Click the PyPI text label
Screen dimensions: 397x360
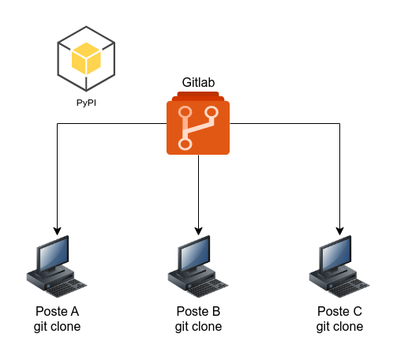point(86,103)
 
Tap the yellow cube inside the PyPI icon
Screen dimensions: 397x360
point(86,58)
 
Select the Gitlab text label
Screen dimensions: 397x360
point(198,82)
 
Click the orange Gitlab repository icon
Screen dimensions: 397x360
point(198,123)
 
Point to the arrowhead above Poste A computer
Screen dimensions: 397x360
point(58,231)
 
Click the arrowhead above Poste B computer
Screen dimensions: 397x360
point(198,231)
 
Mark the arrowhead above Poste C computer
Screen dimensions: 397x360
point(340,231)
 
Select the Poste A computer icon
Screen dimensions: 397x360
point(57,266)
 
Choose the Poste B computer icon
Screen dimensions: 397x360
point(198,266)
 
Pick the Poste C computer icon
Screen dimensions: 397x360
point(339,266)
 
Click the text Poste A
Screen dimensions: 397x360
point(58,311)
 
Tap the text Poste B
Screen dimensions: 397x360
point(198,311)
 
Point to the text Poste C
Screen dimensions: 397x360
point(340,311)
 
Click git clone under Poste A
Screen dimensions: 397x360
point(58,327)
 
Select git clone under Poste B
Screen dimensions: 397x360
point(198,327)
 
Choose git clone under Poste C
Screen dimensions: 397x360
point(340,327)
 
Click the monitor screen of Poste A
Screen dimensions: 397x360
point(54,254)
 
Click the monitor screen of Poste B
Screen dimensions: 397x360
point(195,254)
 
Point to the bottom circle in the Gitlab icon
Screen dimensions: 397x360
point(185,144)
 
